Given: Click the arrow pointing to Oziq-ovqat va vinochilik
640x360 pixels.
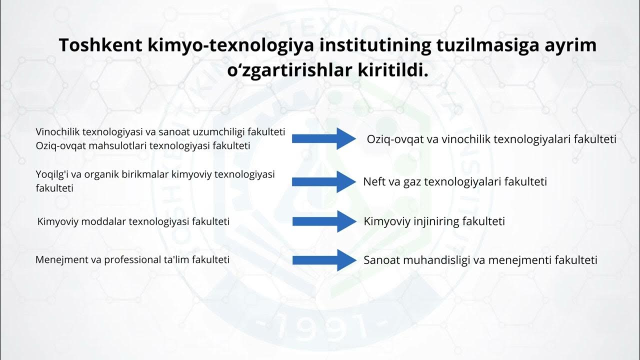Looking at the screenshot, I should pos(323,138).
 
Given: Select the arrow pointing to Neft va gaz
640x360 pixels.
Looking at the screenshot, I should pos(323,181).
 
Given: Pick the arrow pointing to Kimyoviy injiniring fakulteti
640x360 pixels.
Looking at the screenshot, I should pos(323,221).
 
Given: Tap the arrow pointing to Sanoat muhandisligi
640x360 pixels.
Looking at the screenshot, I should pos(323,260).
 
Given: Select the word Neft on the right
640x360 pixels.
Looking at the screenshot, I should pos(374,181).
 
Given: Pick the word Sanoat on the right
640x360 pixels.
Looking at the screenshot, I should pos(380,260).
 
